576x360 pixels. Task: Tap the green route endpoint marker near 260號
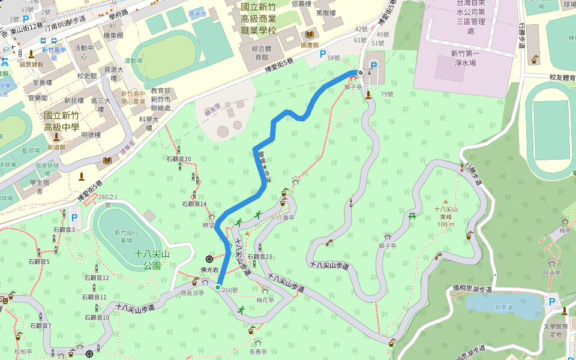[x=217, y=287]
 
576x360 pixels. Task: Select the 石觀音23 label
[x=260, y=257]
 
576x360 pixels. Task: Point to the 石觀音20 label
[x=178, y=159]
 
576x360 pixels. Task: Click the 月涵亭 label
[x=551, y=272]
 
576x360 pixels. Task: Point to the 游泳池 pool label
[x=197, y=13]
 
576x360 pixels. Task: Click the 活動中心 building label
[x=84, y=52]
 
